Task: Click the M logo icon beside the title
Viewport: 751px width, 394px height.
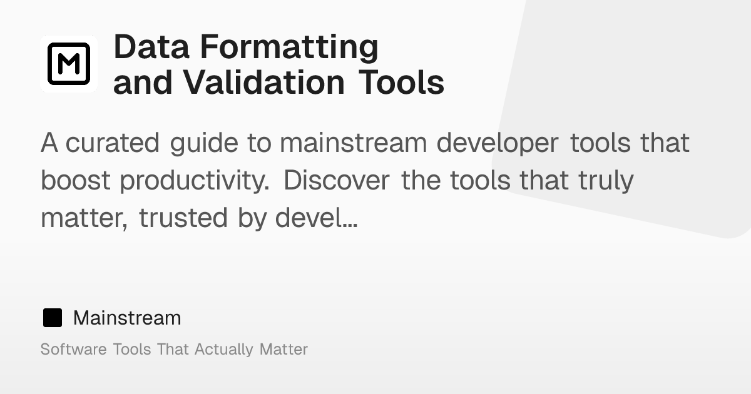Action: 69,64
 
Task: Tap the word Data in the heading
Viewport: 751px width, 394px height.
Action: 151,47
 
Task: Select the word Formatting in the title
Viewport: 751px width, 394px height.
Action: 289,48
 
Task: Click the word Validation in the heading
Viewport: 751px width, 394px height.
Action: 264,82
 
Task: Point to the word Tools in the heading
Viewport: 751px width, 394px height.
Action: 401,82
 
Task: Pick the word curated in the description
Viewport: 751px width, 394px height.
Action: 112,143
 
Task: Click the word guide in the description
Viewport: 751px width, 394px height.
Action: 204,144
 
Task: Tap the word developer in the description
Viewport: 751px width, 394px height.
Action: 498,144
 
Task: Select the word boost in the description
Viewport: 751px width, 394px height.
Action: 76,180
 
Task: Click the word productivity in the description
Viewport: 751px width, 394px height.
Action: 195,181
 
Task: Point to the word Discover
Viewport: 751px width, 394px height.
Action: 337,180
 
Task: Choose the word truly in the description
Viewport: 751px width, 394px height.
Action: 606,181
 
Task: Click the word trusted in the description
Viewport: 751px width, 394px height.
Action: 183,218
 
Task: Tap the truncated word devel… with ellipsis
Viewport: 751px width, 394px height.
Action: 316,218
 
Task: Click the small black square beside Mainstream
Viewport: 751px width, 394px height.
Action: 53,318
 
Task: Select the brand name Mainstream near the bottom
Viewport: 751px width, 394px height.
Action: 127,318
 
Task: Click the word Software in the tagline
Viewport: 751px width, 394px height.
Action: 73,349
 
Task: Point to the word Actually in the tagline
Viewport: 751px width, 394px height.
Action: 223,350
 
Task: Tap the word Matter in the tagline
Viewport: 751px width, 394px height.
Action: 284,349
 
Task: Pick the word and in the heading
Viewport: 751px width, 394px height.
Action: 143,83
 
